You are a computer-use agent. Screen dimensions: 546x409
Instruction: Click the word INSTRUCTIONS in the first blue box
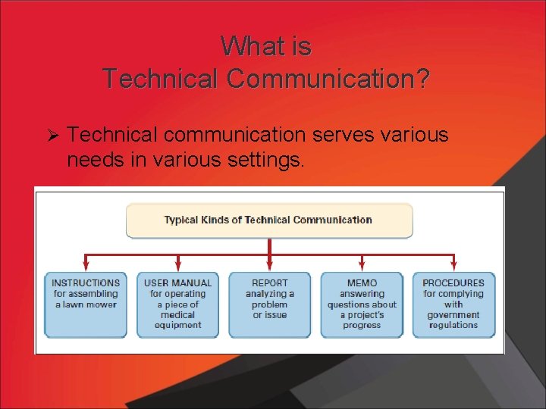(86, 283)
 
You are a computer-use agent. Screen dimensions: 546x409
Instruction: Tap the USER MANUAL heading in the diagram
(178, 283)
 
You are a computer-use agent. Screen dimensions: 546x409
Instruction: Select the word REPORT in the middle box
(270, 283)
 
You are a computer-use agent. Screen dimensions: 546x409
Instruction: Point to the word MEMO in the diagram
(362, 283)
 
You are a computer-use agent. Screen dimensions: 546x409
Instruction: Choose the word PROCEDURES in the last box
(453, 283)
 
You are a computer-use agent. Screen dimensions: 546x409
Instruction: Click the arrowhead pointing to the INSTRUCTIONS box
(86, 266)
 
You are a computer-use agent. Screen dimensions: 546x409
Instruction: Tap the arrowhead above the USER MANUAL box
(178, 266)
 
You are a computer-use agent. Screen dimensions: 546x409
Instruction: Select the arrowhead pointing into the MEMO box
(362, 266)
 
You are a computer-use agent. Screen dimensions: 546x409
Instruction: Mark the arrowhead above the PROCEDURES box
(453, 266)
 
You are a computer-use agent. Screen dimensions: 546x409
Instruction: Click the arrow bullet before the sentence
(53, 136)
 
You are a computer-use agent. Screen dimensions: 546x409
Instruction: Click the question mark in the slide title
(422, 78)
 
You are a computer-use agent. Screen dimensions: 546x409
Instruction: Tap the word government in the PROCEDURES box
(453, 315)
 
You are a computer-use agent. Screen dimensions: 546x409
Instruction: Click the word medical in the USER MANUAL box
(178, 315)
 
